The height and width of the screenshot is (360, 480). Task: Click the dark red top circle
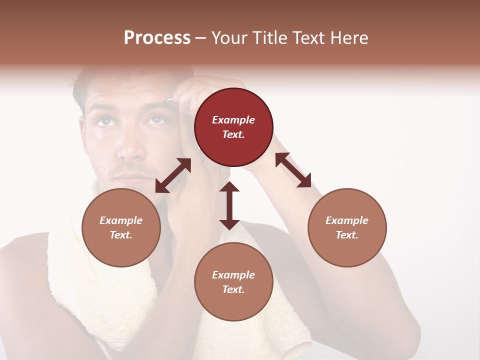(233, 127)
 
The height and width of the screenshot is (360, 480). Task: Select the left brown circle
(121, 227)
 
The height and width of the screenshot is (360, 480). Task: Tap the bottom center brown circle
(233, 282)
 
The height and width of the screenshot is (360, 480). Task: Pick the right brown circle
(347, 227)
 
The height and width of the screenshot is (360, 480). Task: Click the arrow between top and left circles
(173, 175)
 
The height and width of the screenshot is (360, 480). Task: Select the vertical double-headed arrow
(229, 205)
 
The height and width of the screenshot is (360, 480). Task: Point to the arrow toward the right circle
(293, 170)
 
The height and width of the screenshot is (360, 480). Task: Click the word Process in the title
(157, 37)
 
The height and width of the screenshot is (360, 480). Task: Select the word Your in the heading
(229, 37)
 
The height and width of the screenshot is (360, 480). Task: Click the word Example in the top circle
(233, 120)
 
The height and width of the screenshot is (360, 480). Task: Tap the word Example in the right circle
(347, 220)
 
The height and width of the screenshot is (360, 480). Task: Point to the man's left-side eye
(103, 121)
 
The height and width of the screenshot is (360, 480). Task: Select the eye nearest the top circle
(156, 119)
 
